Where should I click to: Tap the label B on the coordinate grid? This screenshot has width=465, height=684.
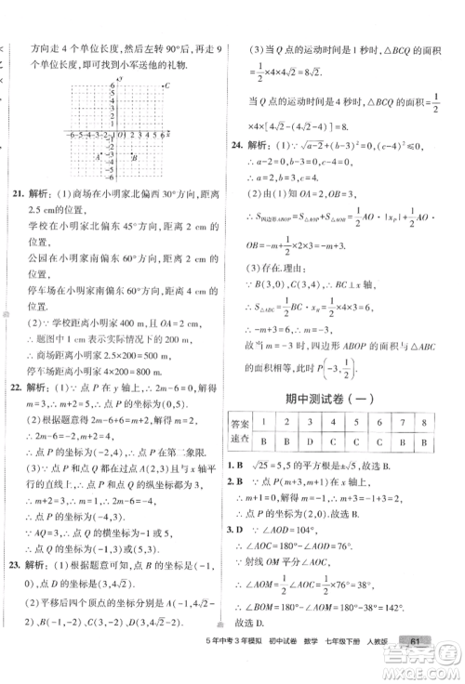tap(136, 158)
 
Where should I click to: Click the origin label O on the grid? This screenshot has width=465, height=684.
tap(112, 139)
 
